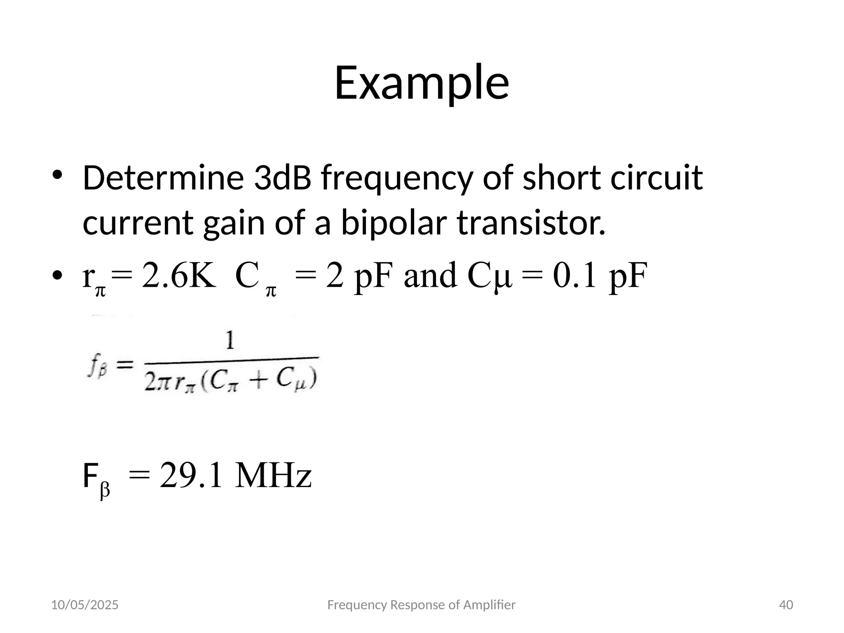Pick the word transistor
pyautogui.click(x=531, y=223)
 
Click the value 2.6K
pyautogui.click(x=179, y=276)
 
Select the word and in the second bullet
pyautogui.click(x=430, y=276)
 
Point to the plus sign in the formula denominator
pyautogui.click(x=258, y=380)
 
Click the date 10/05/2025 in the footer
pyautogui.click(x=84, y=605)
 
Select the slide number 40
pyautogui.click(x=786, y=605)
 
